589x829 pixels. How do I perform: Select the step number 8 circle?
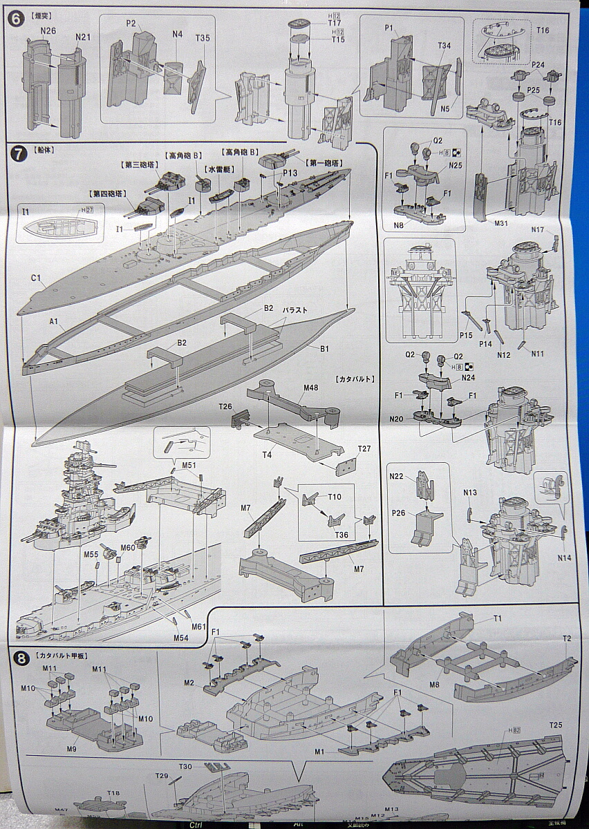pos(21,658)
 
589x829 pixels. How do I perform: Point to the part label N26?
pos(47,30)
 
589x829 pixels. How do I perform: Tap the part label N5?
pos(445,108)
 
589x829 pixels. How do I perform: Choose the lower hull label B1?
pos(324,349)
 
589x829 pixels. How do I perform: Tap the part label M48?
pos(310,388)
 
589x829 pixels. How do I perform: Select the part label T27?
pos(364,449)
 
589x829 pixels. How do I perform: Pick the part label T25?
pos(556,725)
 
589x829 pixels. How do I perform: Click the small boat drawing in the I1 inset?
pos(52,225)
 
